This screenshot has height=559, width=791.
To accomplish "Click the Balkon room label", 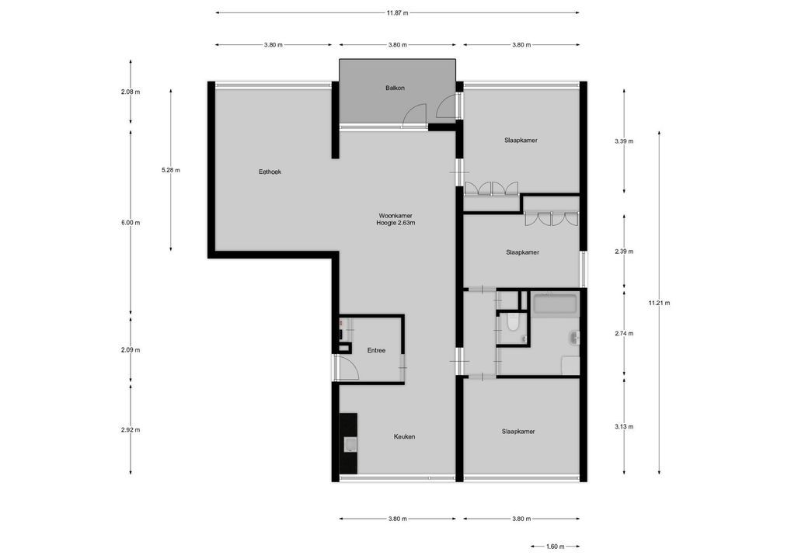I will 395,89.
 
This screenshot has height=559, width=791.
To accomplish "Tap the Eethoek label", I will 270,172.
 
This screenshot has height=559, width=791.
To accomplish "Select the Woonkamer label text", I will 395,215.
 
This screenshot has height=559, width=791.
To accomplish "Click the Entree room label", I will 376,351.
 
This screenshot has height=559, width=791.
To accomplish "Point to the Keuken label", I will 404,437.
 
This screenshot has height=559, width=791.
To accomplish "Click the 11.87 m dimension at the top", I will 397,12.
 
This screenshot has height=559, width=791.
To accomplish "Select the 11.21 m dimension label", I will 659,303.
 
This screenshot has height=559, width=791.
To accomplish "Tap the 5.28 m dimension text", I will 171,170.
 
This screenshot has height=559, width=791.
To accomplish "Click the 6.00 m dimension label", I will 131,223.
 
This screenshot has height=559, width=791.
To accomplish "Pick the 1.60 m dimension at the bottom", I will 556,547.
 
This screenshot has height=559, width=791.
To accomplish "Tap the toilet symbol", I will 511,324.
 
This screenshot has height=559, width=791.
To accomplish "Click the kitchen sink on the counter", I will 351,444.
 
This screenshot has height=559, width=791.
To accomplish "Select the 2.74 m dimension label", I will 624,333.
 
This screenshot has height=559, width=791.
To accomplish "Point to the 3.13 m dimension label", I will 624,426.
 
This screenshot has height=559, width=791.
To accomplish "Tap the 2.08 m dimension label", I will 131,92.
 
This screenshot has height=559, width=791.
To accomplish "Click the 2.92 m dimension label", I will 131,429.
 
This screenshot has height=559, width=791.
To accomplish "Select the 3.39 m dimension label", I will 624,141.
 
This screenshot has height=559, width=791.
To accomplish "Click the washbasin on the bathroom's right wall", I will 573,338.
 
